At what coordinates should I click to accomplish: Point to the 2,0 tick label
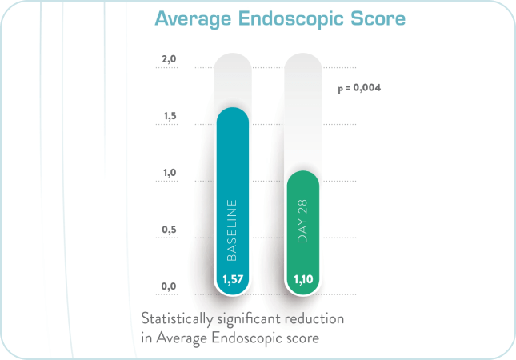(168, 60)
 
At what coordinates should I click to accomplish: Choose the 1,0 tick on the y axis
(168, 174)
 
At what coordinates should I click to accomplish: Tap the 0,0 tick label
(168, 286)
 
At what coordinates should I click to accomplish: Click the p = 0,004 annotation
(358, 89)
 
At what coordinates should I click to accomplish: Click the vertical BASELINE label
(233, 232)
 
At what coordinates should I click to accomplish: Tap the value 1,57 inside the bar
(233, 280)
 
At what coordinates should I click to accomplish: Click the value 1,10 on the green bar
(302, 280)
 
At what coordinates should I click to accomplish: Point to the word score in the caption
(303, 338)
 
